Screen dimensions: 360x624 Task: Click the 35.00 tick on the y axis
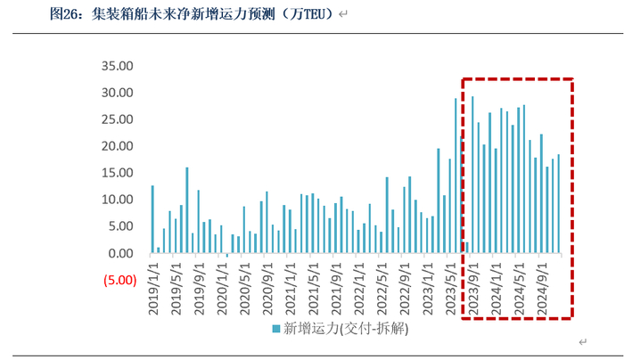click(118, 66)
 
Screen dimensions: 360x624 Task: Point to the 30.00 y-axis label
click(118, 93)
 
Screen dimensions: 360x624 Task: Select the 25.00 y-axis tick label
click(118, 119)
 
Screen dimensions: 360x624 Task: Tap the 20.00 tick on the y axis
click(118, 146)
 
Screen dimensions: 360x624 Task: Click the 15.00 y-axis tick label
click(118, 173)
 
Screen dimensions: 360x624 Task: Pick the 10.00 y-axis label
click(118, 200)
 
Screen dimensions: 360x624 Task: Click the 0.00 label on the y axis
click(120, 253)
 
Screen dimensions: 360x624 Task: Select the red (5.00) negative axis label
click(118, 280)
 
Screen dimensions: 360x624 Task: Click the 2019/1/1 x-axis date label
click(152, 287)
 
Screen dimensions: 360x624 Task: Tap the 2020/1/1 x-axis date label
click(221, 287)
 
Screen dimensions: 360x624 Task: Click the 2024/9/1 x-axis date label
click(542, 287)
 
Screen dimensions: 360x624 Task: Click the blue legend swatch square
click(276, 330)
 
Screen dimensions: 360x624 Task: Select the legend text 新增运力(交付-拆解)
click(344, 330)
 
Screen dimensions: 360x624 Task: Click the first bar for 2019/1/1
click(152, 219)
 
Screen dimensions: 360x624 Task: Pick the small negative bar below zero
click(227, 255)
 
